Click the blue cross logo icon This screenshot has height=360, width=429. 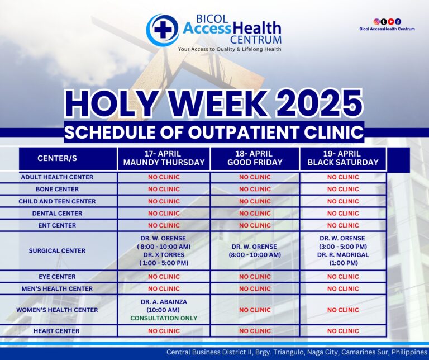pos(163,30)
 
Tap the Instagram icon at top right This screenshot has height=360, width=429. pos(376,22)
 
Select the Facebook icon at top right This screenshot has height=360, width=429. pos(398,22)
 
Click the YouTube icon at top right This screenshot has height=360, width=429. pos(391,22)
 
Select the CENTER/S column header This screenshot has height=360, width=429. pos(57,159)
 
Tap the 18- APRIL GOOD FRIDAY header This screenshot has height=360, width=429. pos(255,158)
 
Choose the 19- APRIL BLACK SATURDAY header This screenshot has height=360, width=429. pos(343,158)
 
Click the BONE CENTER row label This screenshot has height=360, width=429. pos(57,189)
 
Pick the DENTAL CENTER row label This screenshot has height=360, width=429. pos(57,214)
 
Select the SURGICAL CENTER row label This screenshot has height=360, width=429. pos(57,251)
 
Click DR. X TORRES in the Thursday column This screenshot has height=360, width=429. pos(164,255)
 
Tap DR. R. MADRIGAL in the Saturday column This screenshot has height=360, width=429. pos(343,255)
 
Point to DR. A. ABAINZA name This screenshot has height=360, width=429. pos(164,302)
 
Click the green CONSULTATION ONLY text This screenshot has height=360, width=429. pos(164,318)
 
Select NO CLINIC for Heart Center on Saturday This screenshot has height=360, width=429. pos(343,331)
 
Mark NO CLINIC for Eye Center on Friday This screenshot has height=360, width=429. pos(255,277)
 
